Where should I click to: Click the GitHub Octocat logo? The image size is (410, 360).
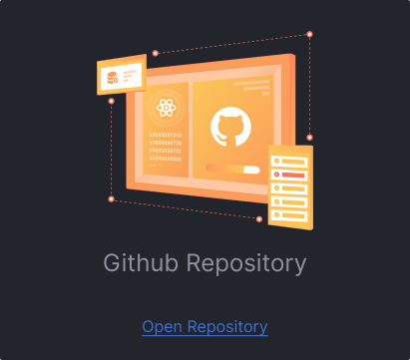(228, 129)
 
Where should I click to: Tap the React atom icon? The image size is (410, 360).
(164, 108)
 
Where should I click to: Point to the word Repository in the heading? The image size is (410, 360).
(245, 264)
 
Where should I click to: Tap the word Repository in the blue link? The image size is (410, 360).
(228, 326)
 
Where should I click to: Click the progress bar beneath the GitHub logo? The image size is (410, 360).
(230, 170)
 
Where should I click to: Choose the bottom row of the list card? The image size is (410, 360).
(291, 214)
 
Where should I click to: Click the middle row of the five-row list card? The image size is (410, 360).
(292, 188)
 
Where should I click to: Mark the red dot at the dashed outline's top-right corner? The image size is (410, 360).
(309, 35)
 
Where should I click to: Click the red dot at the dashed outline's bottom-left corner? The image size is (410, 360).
(111, 198)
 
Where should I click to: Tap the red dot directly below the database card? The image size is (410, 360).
(111, 101)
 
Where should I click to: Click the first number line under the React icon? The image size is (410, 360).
(165, 134)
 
